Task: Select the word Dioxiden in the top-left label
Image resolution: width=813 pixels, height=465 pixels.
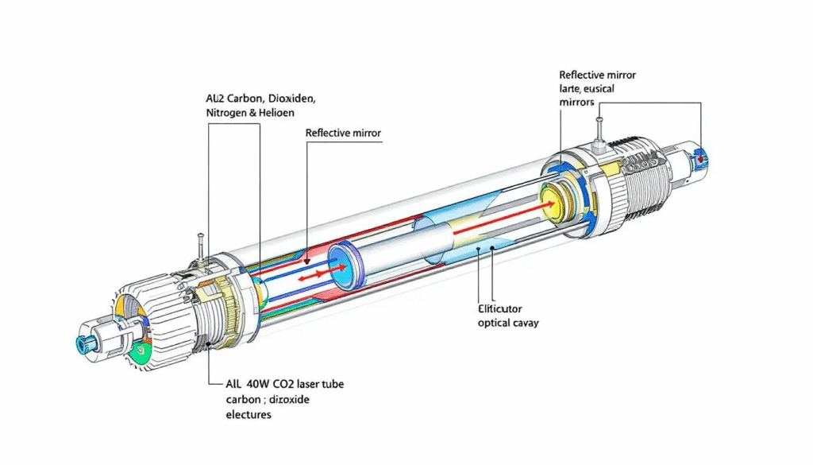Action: pyautogui.click(x=288, y=99)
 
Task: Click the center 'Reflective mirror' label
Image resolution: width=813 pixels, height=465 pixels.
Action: pyautogui.click(x=343, y=133)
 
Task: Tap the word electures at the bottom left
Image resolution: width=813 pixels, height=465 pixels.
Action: pyautogui.click(x=249, y=414)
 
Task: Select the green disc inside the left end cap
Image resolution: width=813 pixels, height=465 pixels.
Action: pyautogui.click(x=143, y=348)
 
